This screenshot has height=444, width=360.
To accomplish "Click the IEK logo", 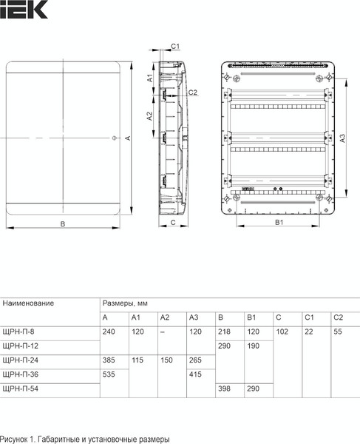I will (24, 10).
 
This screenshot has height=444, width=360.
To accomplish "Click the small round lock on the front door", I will (113, 138).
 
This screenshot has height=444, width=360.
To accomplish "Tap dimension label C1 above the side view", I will (175, 47).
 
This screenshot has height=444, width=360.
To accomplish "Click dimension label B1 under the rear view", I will (279, 223).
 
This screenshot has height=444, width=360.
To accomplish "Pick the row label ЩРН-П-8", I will (18, 332).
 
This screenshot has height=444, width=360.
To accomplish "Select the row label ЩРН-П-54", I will (20, 388).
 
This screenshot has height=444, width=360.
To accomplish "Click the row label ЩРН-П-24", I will (20, 360).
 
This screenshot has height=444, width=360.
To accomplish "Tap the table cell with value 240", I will (109, 332).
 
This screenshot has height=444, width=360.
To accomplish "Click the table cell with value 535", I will (109, 374).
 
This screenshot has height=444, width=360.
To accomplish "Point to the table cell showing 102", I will (282, 332).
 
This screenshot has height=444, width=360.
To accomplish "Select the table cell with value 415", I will (196, 374).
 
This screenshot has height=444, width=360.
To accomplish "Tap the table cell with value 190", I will (254, 346).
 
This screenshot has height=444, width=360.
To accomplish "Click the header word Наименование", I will (28, 303).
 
